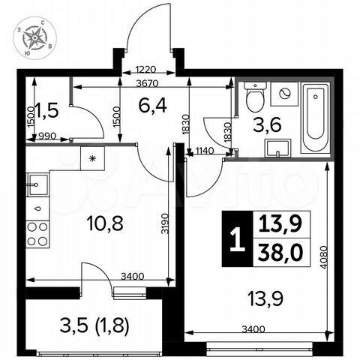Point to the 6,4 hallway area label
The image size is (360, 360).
point(151,106)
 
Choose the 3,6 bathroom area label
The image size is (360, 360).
point(272,124)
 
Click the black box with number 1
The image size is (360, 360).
point(237,241)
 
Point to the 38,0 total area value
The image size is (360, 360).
point(275,253)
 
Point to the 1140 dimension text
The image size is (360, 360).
point(205,152)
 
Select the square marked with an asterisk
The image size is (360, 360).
point(94,158)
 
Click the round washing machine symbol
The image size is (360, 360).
point(285,94)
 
